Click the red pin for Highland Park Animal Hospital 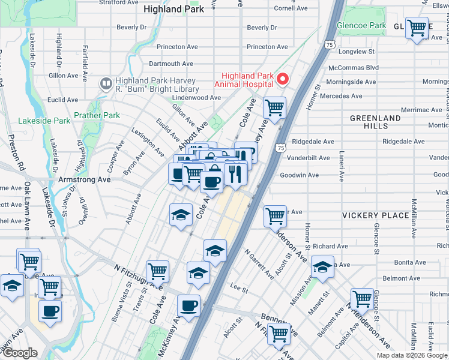point(283,79)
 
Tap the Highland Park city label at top point(171,9)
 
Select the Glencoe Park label point(361,26)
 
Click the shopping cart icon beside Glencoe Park point(417,28)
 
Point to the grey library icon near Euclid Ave point(106,82)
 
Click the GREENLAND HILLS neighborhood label point(375,122)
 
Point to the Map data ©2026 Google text point(411,355)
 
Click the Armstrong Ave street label point(84,179)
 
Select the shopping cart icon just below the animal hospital point(274,109)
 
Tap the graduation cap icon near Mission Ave point(322,268)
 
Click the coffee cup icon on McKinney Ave point(188,305)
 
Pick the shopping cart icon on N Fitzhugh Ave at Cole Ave point(157,271)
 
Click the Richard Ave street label point(330,246)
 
